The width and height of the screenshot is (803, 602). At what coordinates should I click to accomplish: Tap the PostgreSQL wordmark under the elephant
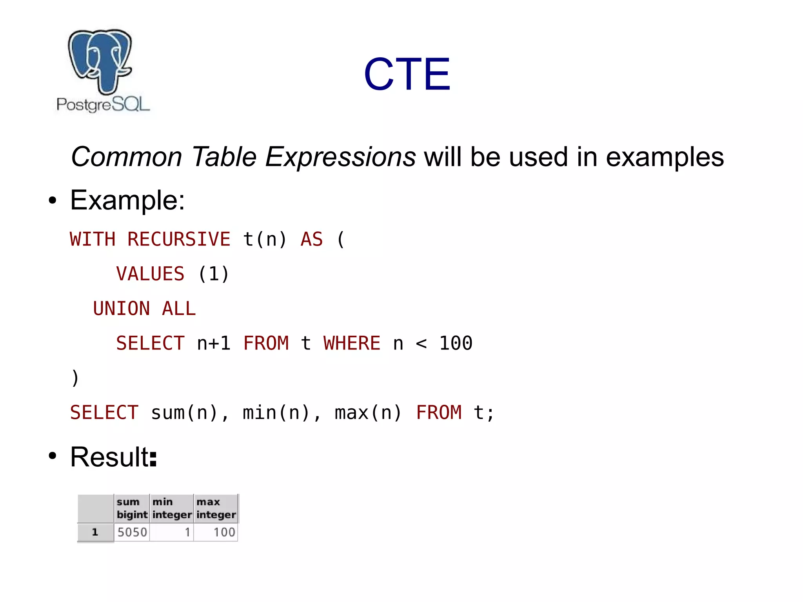pyautogui.click(x=103, y=104)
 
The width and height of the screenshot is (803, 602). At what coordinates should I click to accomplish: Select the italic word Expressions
pyautogui.click(x=340, y=157)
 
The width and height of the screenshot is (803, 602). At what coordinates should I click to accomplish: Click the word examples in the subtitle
pyautogui.click(x=665, y=157)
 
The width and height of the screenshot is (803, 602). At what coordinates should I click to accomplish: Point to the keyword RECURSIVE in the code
pyautogui.click(x=179, y=239)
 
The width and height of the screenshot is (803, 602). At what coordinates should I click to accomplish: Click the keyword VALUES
pyautogui.click(x=150, y=274)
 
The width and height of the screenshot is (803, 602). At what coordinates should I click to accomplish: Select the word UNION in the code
pyautogui.click(x=122, y=308)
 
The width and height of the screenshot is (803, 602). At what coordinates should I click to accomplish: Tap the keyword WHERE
pyautogui.click(x=352, y=343)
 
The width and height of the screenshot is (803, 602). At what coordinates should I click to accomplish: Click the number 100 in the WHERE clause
pyautogui.click(x=456, y=343)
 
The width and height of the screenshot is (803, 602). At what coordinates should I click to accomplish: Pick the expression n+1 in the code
pyautogui.click(x=213, y=343)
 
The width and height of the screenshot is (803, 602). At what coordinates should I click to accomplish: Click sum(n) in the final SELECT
pyautogui.click(x=184, y=413)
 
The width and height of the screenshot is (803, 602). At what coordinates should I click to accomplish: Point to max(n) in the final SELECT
pyautogui.click(x=368, y=413)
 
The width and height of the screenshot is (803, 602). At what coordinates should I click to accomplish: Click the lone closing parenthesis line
pyautogui.click(x=75, y=378)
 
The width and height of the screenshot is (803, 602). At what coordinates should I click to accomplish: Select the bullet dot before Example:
pyautogui.click(x=53, y=200)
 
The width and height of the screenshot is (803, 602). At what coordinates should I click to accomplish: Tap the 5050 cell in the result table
pyautogui.click(x=132, y=532)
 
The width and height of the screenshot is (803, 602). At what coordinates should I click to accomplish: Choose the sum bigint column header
pyautogui.click(x=132, y=508)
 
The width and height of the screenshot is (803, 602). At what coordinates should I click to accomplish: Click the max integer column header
pyautogui.click(x=216, y=508)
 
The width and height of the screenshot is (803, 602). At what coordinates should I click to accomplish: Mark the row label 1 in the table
pyautogui.click(x=95, y=532)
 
